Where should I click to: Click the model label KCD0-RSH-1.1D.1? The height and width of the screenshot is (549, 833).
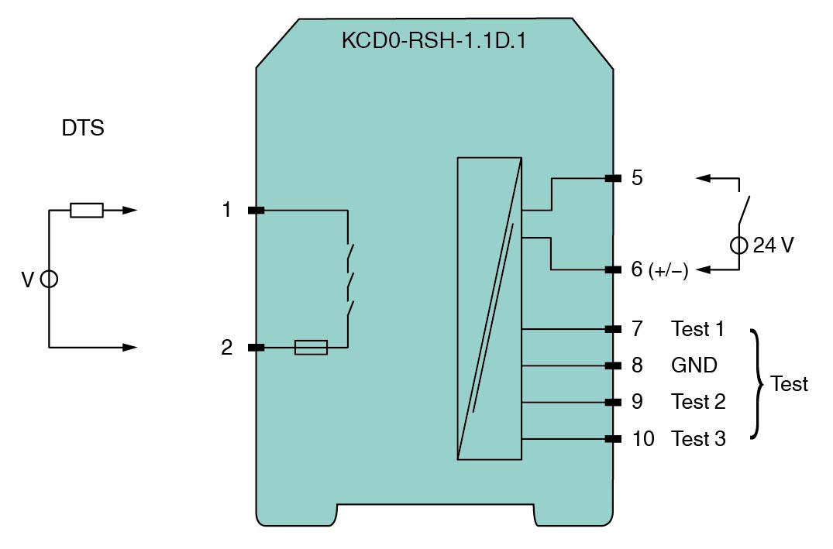[x=433, y=41]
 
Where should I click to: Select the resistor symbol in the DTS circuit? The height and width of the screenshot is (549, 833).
[x=86, y=210]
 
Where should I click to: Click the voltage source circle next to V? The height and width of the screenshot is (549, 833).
[x=49, y=279]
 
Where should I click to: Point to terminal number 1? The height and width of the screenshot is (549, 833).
[x=227, y=210]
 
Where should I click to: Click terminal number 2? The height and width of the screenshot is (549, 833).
[x=227, y=348]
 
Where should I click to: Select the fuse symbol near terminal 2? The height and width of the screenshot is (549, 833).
[x=311, y=348]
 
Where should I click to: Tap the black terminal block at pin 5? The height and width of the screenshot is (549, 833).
[x=613, y=179]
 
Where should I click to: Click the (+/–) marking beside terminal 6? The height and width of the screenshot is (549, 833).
[x=669, y=270]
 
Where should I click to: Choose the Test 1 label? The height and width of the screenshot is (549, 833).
[x=697, y=329]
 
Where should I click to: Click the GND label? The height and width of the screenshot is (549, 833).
[x=694, y=365]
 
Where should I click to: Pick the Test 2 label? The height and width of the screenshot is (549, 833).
[x=698, y=403]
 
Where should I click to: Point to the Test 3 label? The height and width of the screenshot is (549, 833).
[x=698, y=439]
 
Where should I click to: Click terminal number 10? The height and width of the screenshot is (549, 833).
[x=643, y=439]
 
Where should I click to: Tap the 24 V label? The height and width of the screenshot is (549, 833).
[x=773, y=246]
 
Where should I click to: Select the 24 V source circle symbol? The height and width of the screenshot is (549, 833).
[x=738, y=246]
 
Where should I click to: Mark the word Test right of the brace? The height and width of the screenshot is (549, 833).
[x=790, y=384]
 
